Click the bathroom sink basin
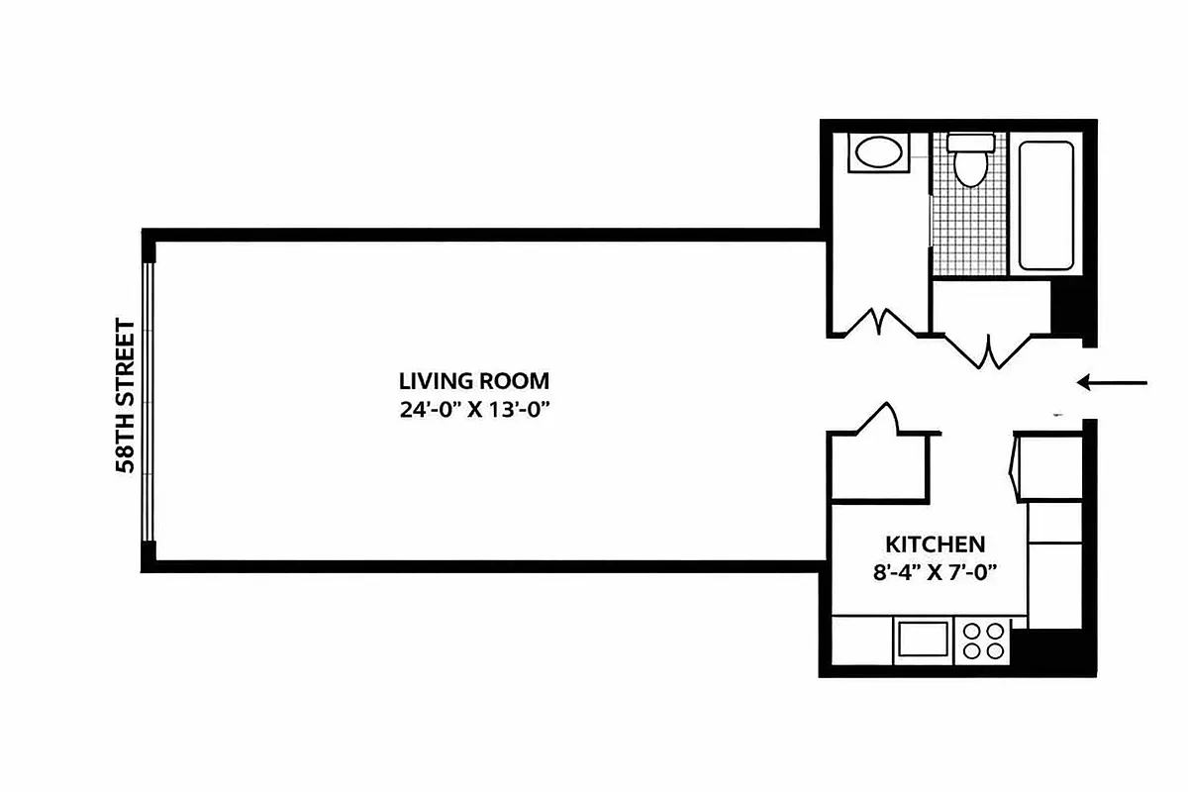[x=877, y=153]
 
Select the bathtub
[x=1046, y=206]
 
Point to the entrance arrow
[x=1112, y=382]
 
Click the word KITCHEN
[x=934, y=544]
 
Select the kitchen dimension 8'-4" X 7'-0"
[x=934, y=570]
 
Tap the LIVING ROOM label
[x=473, y=381]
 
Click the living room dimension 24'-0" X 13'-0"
[x=473, y=409]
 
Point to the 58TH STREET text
[x=126, y=396]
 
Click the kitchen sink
[x=923, y=641]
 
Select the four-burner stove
[x=983, y=641]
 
